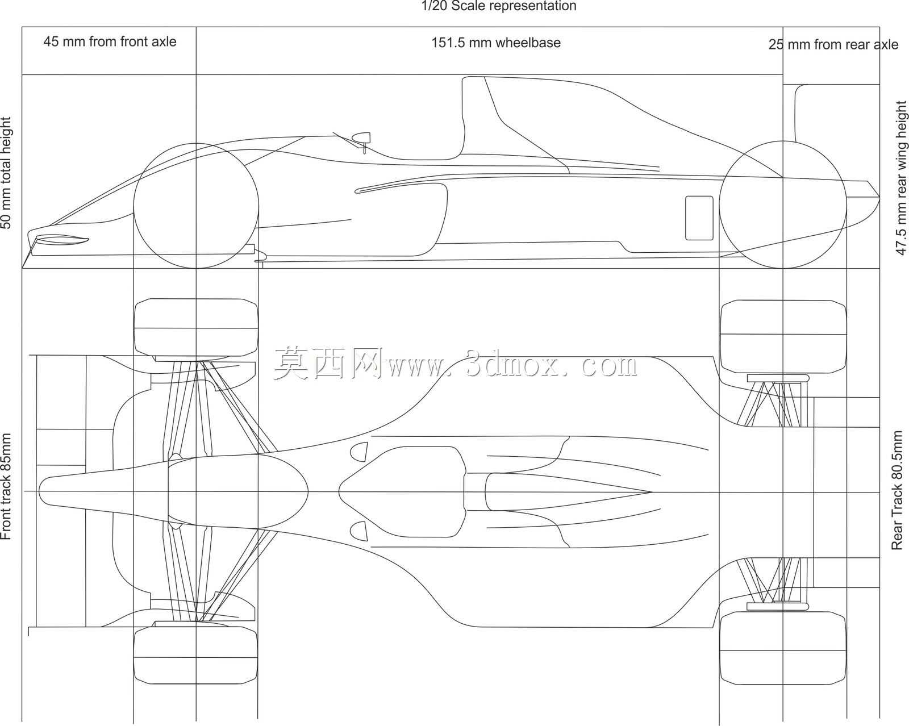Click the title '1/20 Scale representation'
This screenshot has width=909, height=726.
point(499,6)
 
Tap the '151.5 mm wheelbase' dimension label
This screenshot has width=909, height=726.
point(496,43)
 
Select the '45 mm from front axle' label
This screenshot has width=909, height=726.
point(110,42)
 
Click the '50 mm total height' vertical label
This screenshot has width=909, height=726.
point(6,173)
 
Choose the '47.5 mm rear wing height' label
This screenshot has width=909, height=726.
point(901,178)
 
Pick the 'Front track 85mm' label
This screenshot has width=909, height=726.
point(6,486)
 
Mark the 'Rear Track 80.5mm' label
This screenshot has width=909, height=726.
point(897,490)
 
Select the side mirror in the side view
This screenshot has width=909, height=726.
point(361,137)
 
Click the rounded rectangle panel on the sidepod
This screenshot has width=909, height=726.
point(699,218)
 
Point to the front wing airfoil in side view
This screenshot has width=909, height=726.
point(62,240)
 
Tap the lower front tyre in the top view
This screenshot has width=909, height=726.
point(196,655)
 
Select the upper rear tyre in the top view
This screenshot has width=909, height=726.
point(783,337)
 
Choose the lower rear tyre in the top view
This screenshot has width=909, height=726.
point(783,648)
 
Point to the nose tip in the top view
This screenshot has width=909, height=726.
point(39,491)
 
